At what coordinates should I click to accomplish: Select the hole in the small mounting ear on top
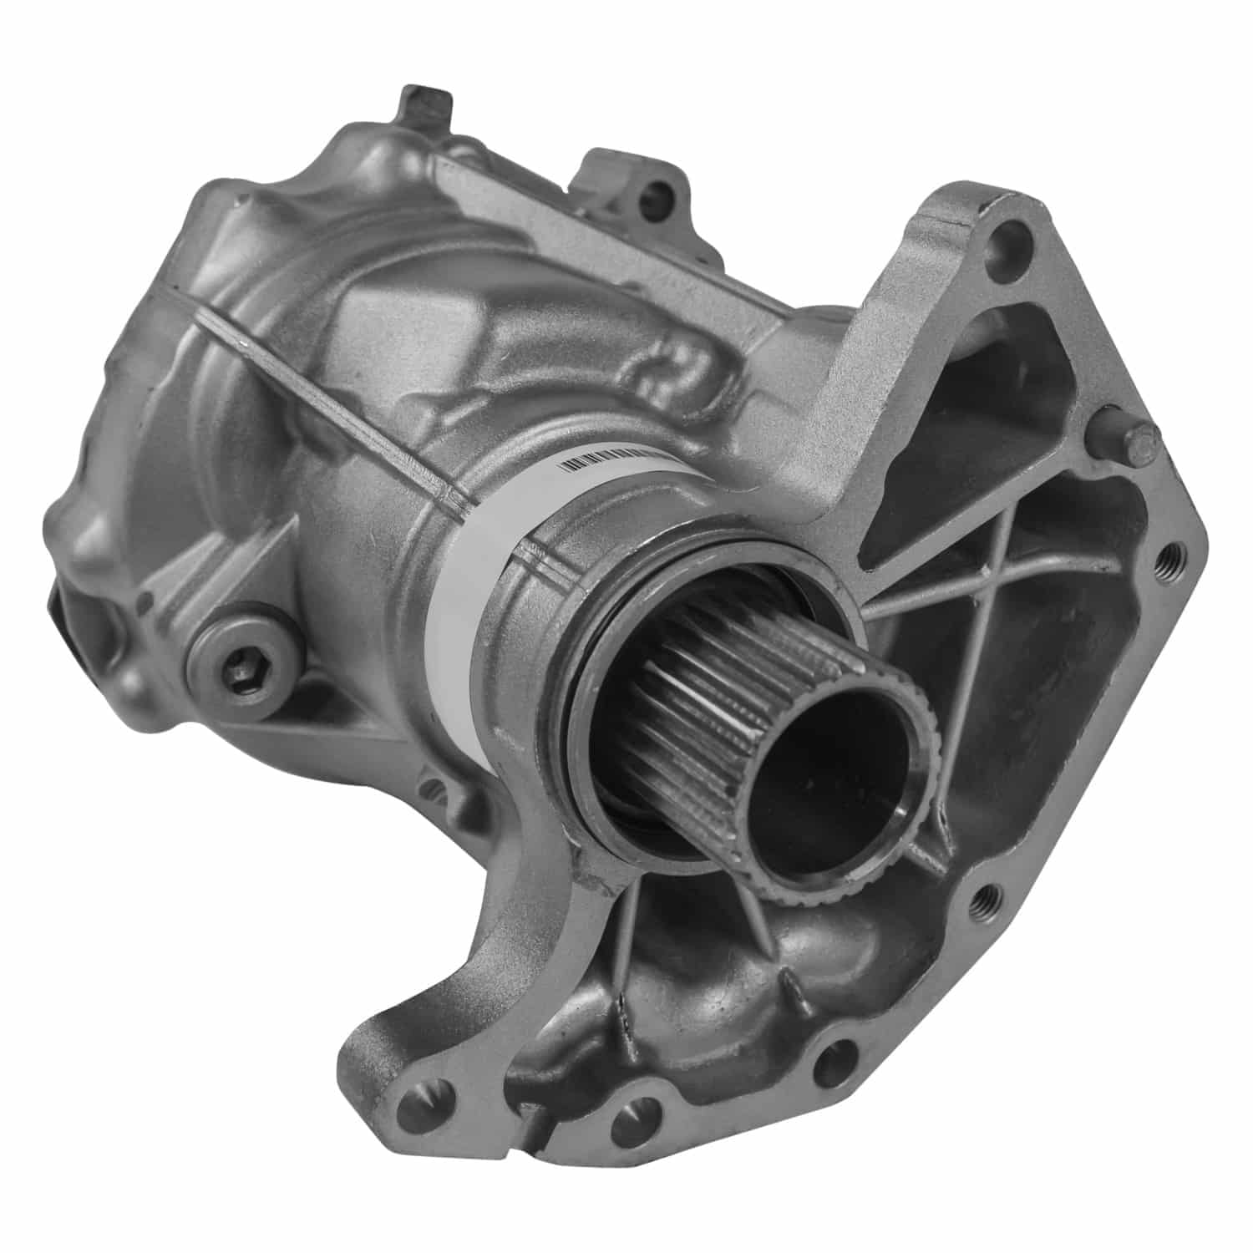pos(664,197)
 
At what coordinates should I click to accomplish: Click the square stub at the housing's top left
pos(425,109)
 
